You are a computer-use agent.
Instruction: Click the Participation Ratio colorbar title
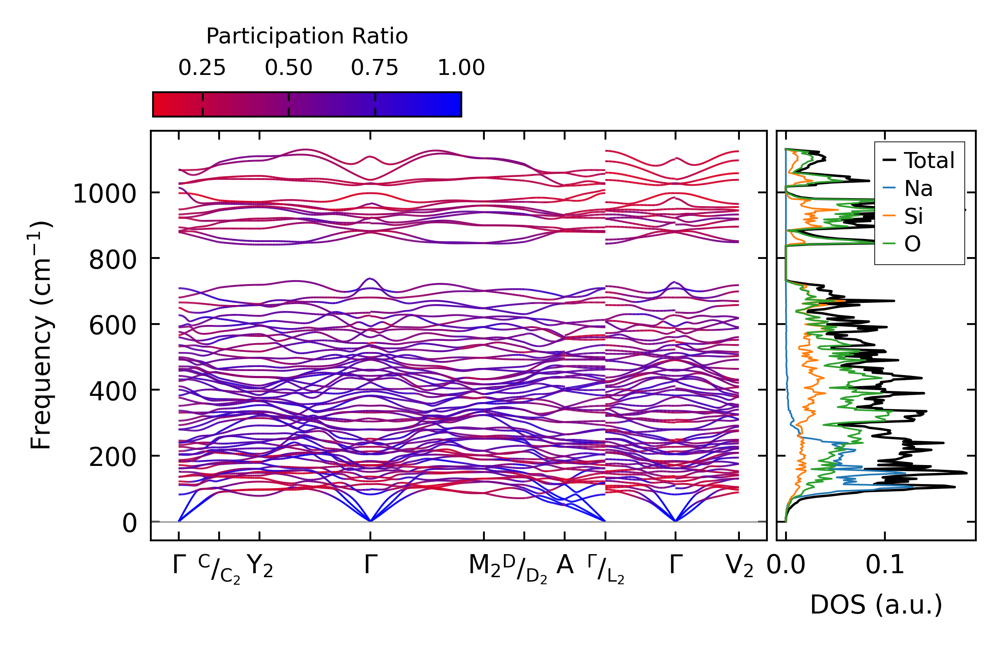[x=307, y=36]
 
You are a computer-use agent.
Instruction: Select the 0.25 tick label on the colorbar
[x=202, y=68]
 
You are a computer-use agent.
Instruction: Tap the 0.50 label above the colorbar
[x=288, y=68]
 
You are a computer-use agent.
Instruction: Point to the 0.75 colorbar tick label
[x=374, y=68]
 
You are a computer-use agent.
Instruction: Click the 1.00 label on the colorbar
[x=461, y=68]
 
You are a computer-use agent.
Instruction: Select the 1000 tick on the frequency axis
[x=104, y=194]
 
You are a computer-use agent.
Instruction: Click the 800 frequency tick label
[x=113, y=260]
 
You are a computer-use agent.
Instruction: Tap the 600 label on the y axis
[x=113, y=326]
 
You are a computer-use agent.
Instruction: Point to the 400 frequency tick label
[x=113, y=391]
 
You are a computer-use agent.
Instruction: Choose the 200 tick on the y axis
[x=113, y=457]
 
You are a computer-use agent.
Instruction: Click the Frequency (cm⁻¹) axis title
[x=41, y=335]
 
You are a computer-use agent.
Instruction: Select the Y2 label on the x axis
[x=259, y=566]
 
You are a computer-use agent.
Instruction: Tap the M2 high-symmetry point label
[x=484, y=566]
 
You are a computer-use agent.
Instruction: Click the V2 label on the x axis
[x=739, y=566]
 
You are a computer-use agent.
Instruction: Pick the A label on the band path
[x=565, y=565]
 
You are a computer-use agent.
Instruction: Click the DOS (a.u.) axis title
[x=876, y=605]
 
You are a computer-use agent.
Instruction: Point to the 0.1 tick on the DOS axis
[x=884, y=565]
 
